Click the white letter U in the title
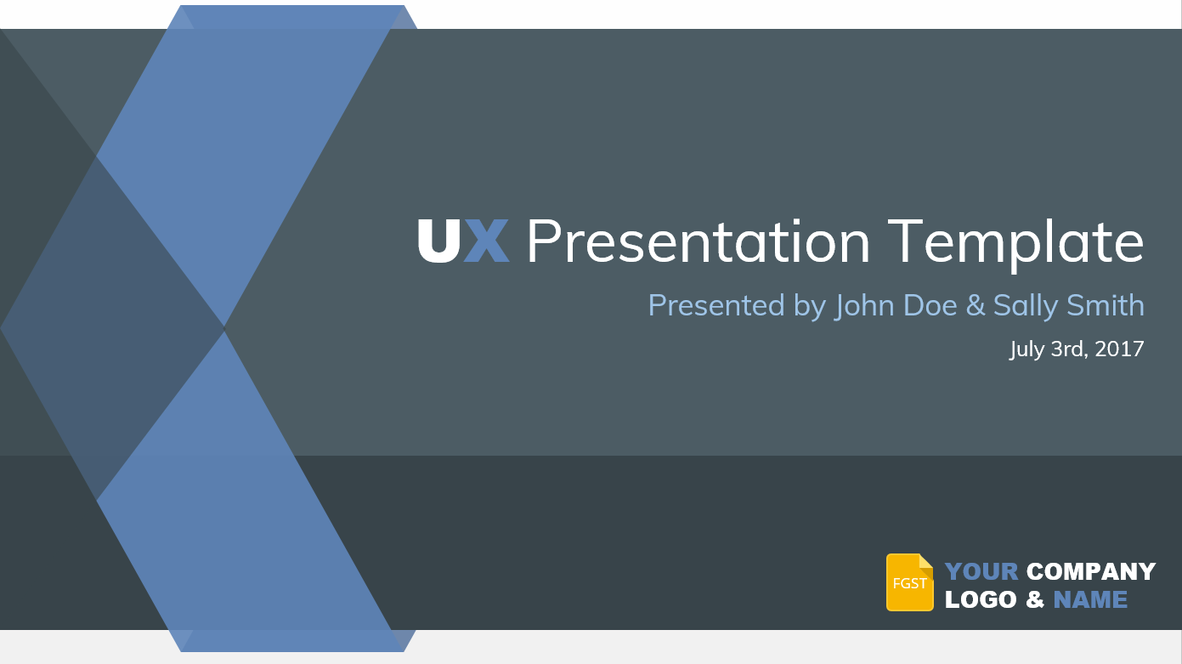coord(438,241)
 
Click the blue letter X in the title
coord(487,241)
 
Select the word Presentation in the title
coord(698,241)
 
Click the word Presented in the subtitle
coord(716,305)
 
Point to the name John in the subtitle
coord(864,306)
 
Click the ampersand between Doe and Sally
coord(976,305)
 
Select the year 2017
coord(1119,349)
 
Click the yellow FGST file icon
coord(910,582)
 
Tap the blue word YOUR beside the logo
coord(981,571)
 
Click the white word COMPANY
coord(1091,571)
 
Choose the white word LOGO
coord(981,599)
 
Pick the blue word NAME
coord(1090,599)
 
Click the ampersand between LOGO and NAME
coord(1035,599)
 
